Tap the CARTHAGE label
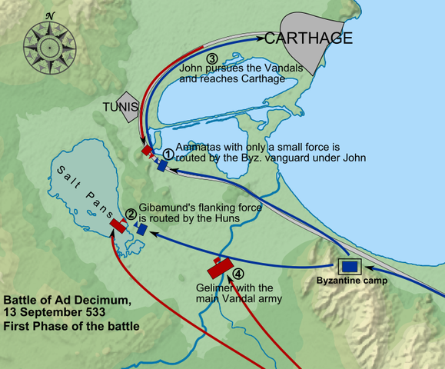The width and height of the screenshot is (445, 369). (x=309, y=38)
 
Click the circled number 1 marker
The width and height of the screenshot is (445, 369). (x=168, y=154)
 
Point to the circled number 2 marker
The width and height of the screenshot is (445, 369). (x=131, y=214)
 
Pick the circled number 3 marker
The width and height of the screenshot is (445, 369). (x=213, y=58)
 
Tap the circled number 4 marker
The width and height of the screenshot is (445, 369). (x=239, y=274)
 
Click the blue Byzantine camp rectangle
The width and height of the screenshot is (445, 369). (x=350, y=266)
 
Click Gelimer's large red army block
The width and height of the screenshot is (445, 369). (x=221, y=268)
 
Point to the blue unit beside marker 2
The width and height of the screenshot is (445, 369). (x=142, y=229)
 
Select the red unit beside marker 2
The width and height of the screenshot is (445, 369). (x=118, y=224)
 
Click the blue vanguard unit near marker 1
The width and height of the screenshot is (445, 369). (x=162, y=165)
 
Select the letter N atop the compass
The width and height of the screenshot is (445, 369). (x=51, y=15)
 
